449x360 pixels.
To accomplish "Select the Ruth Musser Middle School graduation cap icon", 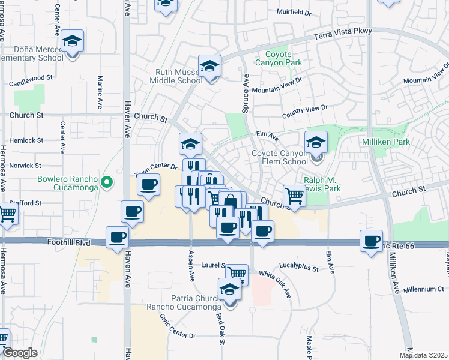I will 210,66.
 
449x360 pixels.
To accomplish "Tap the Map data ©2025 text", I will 423,355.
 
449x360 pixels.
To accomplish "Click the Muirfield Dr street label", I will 294,11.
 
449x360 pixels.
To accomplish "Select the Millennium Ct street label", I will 424,289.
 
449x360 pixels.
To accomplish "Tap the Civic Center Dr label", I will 177,326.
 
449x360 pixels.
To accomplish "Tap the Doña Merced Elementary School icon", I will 73,41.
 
